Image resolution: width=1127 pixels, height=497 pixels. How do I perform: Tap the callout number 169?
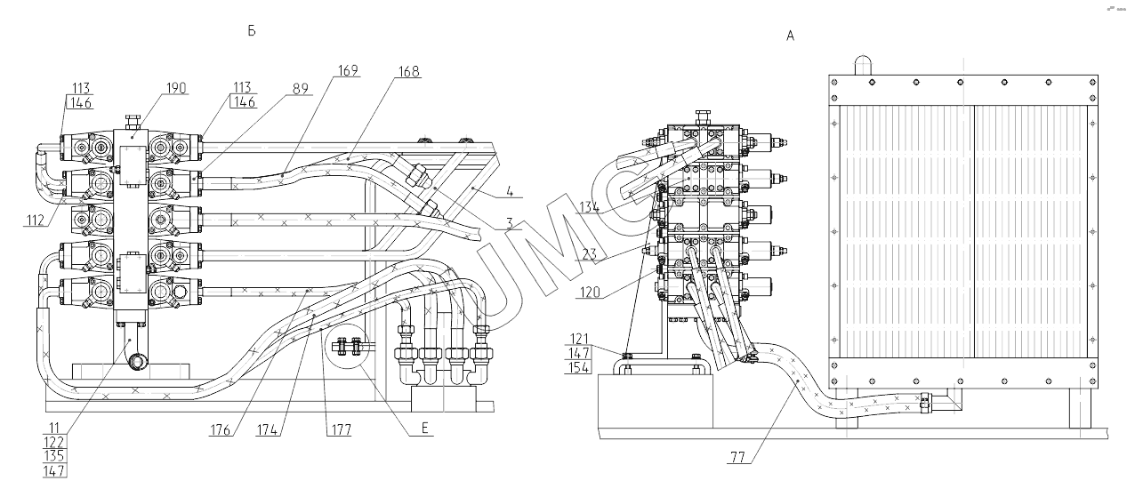(x=348, y=72)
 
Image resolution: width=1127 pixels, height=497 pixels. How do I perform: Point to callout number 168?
(x=410, y=72)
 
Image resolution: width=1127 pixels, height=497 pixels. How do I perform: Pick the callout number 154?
(x=578, y=369)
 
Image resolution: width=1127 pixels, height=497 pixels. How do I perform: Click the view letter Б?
(x=252, y=31)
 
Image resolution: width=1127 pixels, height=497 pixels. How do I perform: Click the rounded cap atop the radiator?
(x=864, y=65)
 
